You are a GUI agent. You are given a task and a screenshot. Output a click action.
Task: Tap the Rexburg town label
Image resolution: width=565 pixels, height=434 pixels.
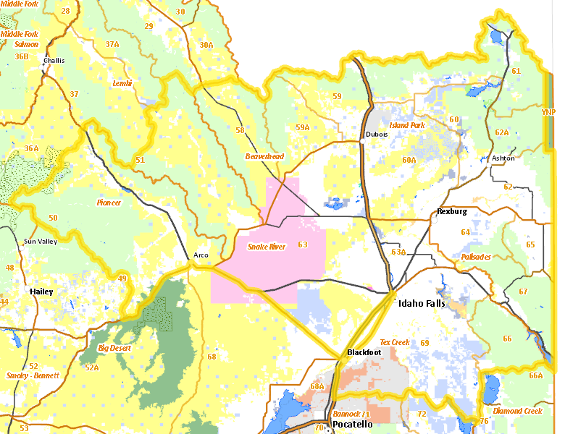[x=452, y=212]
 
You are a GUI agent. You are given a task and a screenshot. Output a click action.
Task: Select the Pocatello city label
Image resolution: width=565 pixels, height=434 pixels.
[x=352, y=425]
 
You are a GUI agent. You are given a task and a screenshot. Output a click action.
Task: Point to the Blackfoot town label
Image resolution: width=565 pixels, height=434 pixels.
[x=364, y=352]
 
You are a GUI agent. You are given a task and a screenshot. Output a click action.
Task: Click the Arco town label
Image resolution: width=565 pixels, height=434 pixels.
[x=201, y=255]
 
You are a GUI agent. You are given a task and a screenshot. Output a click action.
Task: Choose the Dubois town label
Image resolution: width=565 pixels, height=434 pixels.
[x=377, y=135]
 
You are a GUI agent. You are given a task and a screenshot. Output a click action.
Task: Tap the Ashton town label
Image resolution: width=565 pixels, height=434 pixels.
[x=503, y=158]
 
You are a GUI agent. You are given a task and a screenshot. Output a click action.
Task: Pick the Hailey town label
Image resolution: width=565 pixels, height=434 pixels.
[x=41, y=292]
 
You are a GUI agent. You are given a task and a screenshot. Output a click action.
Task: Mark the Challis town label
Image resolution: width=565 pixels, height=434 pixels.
[x=54, y=61]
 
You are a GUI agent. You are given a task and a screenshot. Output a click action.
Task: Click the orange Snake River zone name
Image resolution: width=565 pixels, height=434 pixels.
[x=267, y=247]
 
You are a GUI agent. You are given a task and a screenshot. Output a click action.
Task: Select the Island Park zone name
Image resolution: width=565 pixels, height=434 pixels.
[x=408, y=125]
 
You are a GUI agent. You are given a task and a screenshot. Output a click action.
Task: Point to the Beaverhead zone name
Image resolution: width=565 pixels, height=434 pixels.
[x=264, y=156]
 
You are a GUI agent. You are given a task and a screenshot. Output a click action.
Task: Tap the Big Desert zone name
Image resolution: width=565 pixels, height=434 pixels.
[x=114, y=349]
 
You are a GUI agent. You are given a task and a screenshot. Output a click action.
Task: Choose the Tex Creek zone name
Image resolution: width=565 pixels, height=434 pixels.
[x=395, y=342]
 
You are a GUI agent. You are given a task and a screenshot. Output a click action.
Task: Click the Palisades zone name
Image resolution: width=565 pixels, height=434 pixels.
[x=476, y=257]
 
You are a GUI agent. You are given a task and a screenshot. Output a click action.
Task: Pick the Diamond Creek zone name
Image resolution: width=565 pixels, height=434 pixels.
[x=517, y=411]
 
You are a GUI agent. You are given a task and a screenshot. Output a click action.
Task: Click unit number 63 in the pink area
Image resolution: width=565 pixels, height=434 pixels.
[x=302, y=244]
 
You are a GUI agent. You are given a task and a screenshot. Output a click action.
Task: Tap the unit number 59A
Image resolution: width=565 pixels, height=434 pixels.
[x=302, y=127]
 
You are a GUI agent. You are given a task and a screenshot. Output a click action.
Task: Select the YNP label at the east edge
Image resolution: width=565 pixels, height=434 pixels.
[x=548, y=112]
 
